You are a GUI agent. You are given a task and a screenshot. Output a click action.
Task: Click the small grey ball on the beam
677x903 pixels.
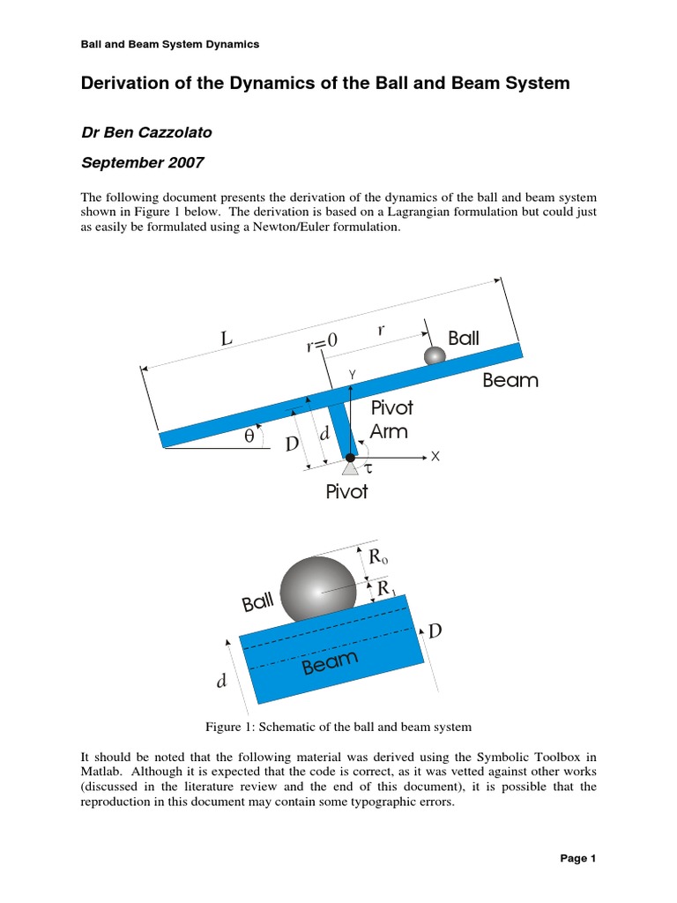[435, 355]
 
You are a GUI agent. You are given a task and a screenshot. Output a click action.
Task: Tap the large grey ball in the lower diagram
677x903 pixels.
[319, 589]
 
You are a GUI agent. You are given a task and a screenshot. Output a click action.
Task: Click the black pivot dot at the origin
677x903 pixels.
[350, 457]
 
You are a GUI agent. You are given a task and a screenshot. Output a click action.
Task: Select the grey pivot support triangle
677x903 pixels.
[350, 469]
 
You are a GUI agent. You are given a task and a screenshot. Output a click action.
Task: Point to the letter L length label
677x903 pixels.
[227, 338]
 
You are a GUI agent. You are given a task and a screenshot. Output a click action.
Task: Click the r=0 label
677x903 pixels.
[323, 341]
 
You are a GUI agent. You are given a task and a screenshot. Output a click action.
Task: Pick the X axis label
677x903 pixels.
[434, 457]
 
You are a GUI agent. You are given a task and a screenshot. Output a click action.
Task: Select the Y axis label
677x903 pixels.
[351, 374]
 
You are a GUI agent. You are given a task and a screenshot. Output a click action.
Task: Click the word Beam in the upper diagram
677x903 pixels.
[510, 381]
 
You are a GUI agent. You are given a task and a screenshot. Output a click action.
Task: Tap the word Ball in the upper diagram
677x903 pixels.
[464, 338]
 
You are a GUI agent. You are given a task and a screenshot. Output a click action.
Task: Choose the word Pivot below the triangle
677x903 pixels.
[346, 492]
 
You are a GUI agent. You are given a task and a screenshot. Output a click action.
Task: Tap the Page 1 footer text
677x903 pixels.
[579, 858]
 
